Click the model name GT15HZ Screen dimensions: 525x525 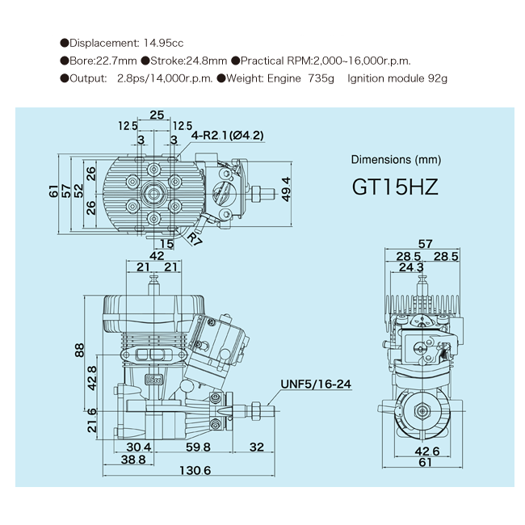[395, 187]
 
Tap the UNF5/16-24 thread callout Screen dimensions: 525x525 [317, 384]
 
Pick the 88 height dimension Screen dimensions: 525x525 [80, 350]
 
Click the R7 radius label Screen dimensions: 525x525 [194, 238]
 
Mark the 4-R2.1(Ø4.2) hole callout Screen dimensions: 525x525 [228, 136]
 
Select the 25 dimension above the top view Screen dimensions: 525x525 [157, 114]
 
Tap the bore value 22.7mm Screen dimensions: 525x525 [111, 61]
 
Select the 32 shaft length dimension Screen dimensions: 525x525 [258, 447]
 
